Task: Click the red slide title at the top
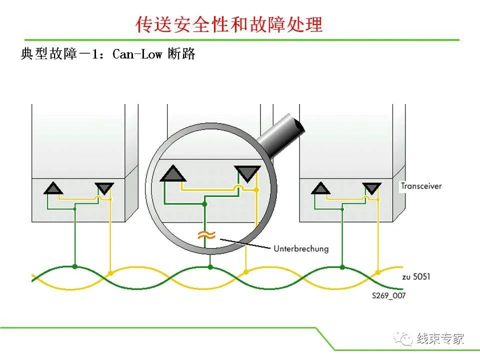coord(229,24)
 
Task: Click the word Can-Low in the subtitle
coord(137,54)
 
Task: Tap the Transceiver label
coord(421,186)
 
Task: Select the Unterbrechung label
coord(301,248)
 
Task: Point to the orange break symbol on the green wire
coord(206,235)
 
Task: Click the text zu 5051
coord(416,276)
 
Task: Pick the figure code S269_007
coord(389,295)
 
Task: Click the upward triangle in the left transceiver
coord(53,188)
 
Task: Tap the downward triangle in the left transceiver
coord(104,188)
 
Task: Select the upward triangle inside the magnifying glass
coord(173,173)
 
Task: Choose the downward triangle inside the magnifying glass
coord(247,173)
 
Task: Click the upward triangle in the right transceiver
coord(320,188)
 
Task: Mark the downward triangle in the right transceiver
coord(371,188)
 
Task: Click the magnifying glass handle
coord(280,134)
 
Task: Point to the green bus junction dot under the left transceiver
coord(74,266)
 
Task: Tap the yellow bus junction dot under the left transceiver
coord(110,273)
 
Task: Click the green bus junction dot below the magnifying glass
coord(210,267)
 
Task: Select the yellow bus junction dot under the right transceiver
coord(378,272)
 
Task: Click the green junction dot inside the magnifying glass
coord(205,204)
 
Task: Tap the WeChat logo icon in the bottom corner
coord(403,338)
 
